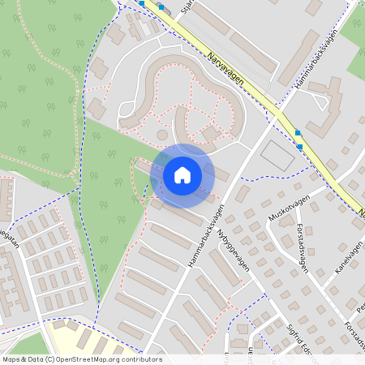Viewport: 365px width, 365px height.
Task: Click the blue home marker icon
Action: click(x=182, y=175)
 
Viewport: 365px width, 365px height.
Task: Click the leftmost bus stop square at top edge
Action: click(x=143, y=3)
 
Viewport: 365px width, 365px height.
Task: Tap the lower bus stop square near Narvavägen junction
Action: click(x=300, y=146)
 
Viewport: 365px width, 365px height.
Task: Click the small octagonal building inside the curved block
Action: click(x=161, y=135)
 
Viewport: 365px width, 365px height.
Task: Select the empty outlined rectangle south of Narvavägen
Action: click(x=277, y=156)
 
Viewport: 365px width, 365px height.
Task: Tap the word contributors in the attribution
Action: click(x=141, y=359)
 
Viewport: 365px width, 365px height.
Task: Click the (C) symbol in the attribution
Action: click(x=49, y=359)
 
